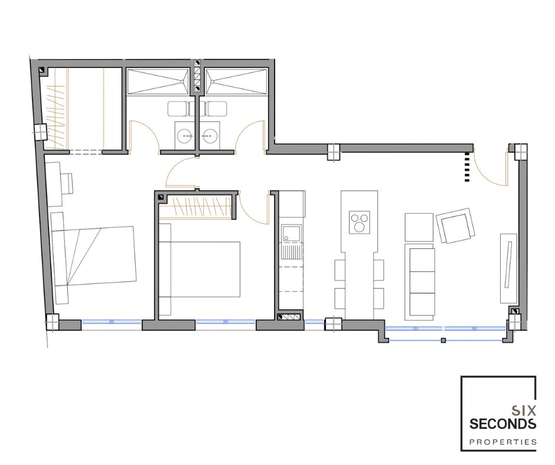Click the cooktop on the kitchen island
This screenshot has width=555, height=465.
pyautogui.click(x=360, y=222)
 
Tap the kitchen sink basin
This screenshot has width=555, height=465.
pyautogui.click(x=290, y=234)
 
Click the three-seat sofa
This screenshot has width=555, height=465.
pyautogui.click(x=422, y=281)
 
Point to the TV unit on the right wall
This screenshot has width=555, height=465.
pyautogui.click(x=508, y=268)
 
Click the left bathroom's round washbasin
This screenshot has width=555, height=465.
pyautogui.click(x=185, y=135)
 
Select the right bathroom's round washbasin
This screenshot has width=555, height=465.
pyautogui.click(x=210, y=135)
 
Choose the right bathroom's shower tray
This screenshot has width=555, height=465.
pyautogui.click(x=236, y=82)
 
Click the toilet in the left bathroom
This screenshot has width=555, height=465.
pyautogui.click(x=181, y=109)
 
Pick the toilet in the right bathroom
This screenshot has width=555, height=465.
pyautogui.click(x=213, y=109)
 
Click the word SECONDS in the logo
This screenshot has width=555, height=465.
pyautogui.click(x=502, y=424)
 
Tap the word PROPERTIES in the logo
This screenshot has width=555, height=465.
pyautogui.click(x=503, y=442)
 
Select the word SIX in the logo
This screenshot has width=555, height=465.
pyautogui.click(x=524, y=411)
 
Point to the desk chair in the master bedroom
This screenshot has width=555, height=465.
pyautogui.click(x=67, y=183)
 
